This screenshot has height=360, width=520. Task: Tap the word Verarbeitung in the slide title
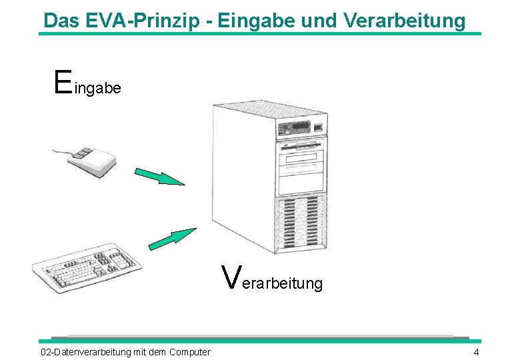(405, 20)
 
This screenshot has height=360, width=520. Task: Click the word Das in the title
(62, 20)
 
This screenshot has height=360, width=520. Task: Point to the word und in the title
(320, 20)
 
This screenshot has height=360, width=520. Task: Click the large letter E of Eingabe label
(62, 81)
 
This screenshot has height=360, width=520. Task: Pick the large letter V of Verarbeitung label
(231, 276)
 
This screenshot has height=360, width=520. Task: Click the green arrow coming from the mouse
(159, 177)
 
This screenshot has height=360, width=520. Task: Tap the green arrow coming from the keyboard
(172, 238)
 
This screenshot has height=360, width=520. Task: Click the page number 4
(476, 352)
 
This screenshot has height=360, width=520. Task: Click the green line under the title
(260, 33)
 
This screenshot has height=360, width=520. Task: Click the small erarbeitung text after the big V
(281, 283)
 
